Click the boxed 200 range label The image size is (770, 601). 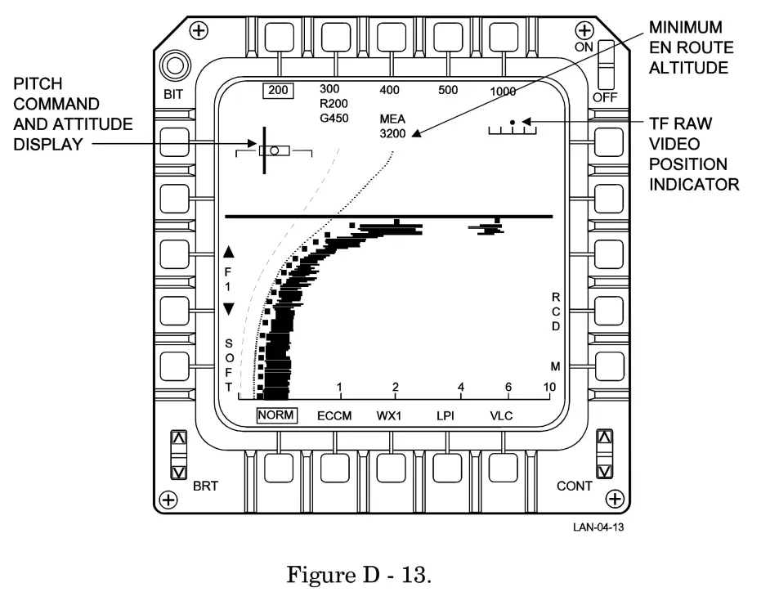[278, 91]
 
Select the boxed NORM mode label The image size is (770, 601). [276, 415]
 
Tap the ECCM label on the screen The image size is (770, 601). [334, 415]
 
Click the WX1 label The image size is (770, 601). [389, 415]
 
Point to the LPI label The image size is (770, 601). [445, 415]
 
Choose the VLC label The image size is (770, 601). [501, 415]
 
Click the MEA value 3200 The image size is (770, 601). [392, 133]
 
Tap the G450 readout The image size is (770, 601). [334, 119]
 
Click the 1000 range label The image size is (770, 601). [503, 92]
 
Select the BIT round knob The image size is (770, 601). [175, 65]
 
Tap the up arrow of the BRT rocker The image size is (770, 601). [179, 437]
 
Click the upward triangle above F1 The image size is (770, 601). [228, 252]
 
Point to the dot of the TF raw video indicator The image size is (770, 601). [513, 122]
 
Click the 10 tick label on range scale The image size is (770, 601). [549, 387]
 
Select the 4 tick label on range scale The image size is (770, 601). [461, 387]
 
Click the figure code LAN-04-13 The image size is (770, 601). [598, 527]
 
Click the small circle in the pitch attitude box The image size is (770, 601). [275, 150]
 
